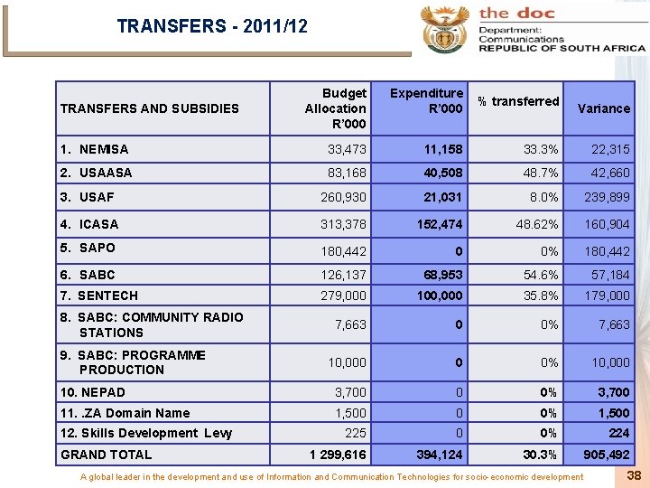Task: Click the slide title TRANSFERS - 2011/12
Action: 212,26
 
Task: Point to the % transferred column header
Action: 518,101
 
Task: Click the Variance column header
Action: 604,108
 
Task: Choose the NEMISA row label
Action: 95,149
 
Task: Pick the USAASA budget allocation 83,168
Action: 348,173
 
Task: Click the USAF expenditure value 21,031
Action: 444,197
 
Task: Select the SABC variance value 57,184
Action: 610,275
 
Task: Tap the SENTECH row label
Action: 99,296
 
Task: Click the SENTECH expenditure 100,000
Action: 439,296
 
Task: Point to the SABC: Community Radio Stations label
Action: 152,324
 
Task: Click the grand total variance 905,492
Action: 606,455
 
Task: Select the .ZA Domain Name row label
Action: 125,413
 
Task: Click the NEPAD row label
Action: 93,392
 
